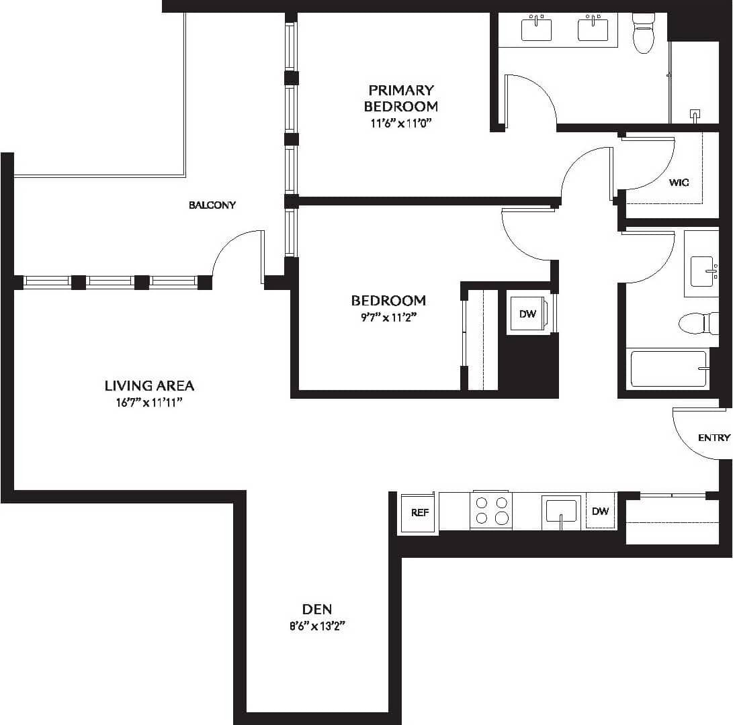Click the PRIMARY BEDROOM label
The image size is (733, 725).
400,98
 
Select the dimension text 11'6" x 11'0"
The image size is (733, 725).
400,124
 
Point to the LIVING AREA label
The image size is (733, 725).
149,385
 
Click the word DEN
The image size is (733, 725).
316,610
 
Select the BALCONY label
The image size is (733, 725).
212,205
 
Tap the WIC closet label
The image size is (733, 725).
679,183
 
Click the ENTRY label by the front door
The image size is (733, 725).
714,438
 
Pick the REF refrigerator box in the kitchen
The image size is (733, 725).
419,512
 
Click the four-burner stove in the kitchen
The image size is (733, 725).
490,510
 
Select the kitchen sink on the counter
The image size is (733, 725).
561,511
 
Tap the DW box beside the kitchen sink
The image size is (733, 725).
600,512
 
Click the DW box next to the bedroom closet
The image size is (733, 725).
528,313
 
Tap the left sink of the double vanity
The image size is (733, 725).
537,28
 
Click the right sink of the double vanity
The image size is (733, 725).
593,28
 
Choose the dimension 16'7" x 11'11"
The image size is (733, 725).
149,403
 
